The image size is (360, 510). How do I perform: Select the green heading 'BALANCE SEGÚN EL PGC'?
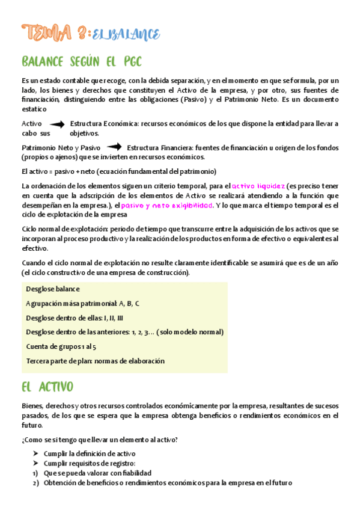[81, 61]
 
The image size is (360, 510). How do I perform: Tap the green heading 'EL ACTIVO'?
[47, 386]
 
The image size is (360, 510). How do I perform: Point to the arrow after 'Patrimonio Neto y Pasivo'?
[113, 147]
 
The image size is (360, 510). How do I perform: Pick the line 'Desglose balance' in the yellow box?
[53, 289]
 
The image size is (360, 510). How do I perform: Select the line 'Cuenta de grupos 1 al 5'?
[61, 346]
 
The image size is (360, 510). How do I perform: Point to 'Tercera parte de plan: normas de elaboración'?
[95, 361]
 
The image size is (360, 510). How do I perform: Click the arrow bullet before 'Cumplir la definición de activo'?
[36, 453]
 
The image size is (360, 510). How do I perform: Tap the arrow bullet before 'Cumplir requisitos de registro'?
[36, 463]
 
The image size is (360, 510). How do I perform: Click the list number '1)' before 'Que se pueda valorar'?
[36, 473]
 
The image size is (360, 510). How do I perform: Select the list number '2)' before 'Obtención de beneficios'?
[36, 483]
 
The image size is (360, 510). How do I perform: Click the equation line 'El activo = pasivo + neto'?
[118, 171]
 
